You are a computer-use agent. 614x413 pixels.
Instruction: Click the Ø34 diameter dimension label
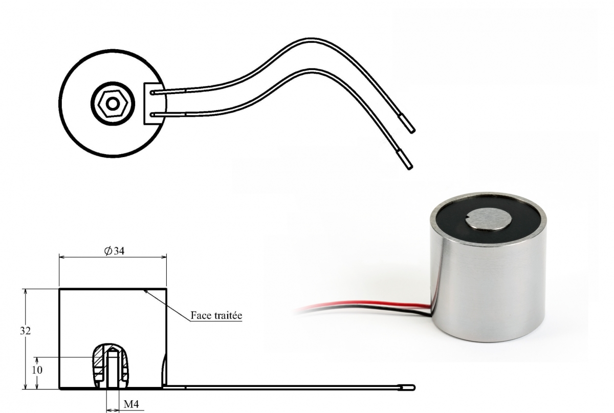point(114,251)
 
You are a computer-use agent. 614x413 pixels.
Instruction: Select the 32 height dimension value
point(25,331)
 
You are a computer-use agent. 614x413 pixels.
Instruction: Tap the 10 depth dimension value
point(37,370)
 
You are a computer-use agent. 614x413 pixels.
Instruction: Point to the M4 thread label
point(131,404)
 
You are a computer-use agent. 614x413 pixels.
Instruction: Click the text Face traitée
point(216,315)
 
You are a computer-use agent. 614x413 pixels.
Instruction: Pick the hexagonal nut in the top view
point(113,104)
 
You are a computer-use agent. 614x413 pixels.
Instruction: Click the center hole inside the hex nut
point(113,104)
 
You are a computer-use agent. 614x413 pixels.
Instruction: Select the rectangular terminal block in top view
point(155,104)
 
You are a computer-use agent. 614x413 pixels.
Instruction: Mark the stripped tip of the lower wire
point(405,159)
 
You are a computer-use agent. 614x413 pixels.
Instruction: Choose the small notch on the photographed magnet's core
point(469,218)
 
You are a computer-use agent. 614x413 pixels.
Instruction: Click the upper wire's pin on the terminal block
point(152,93)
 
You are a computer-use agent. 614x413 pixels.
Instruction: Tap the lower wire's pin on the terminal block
point(152,115)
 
